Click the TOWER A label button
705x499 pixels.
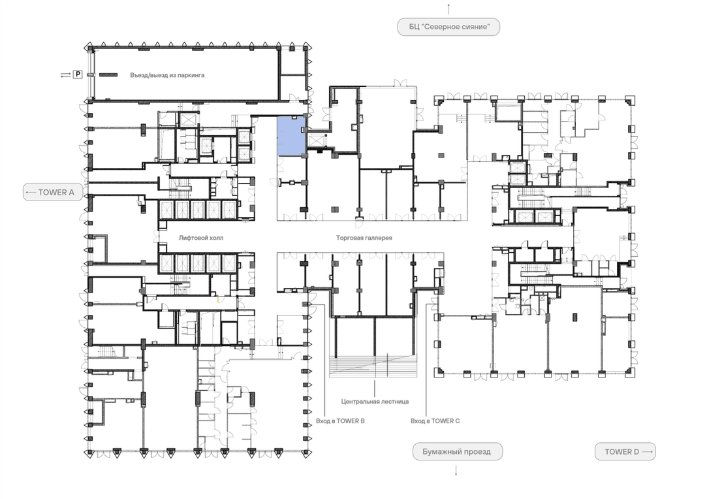pos(53,192)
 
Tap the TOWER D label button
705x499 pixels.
pos(625,451)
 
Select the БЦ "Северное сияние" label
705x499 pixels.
pos(448,27)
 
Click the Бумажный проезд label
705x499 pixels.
pos(457,451)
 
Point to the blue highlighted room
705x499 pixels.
pos(291,137)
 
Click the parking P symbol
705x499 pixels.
pos(78,74)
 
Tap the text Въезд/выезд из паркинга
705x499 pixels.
pos(167,75)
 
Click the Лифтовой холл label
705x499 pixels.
pos(201,238)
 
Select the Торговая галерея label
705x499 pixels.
pos(364,238)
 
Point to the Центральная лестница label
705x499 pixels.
pos(375,402)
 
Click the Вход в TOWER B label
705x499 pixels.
pos(340,421)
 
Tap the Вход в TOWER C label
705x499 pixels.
pos(435,421)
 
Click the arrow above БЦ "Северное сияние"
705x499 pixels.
pos(448,8)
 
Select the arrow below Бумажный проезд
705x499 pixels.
pos(456,470)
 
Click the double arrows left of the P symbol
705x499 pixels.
pos(66,75)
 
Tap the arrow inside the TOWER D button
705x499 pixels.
pos(647,451)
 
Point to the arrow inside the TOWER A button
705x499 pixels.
pos(31,193)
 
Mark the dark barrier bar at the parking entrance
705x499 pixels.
pos(108,74)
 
